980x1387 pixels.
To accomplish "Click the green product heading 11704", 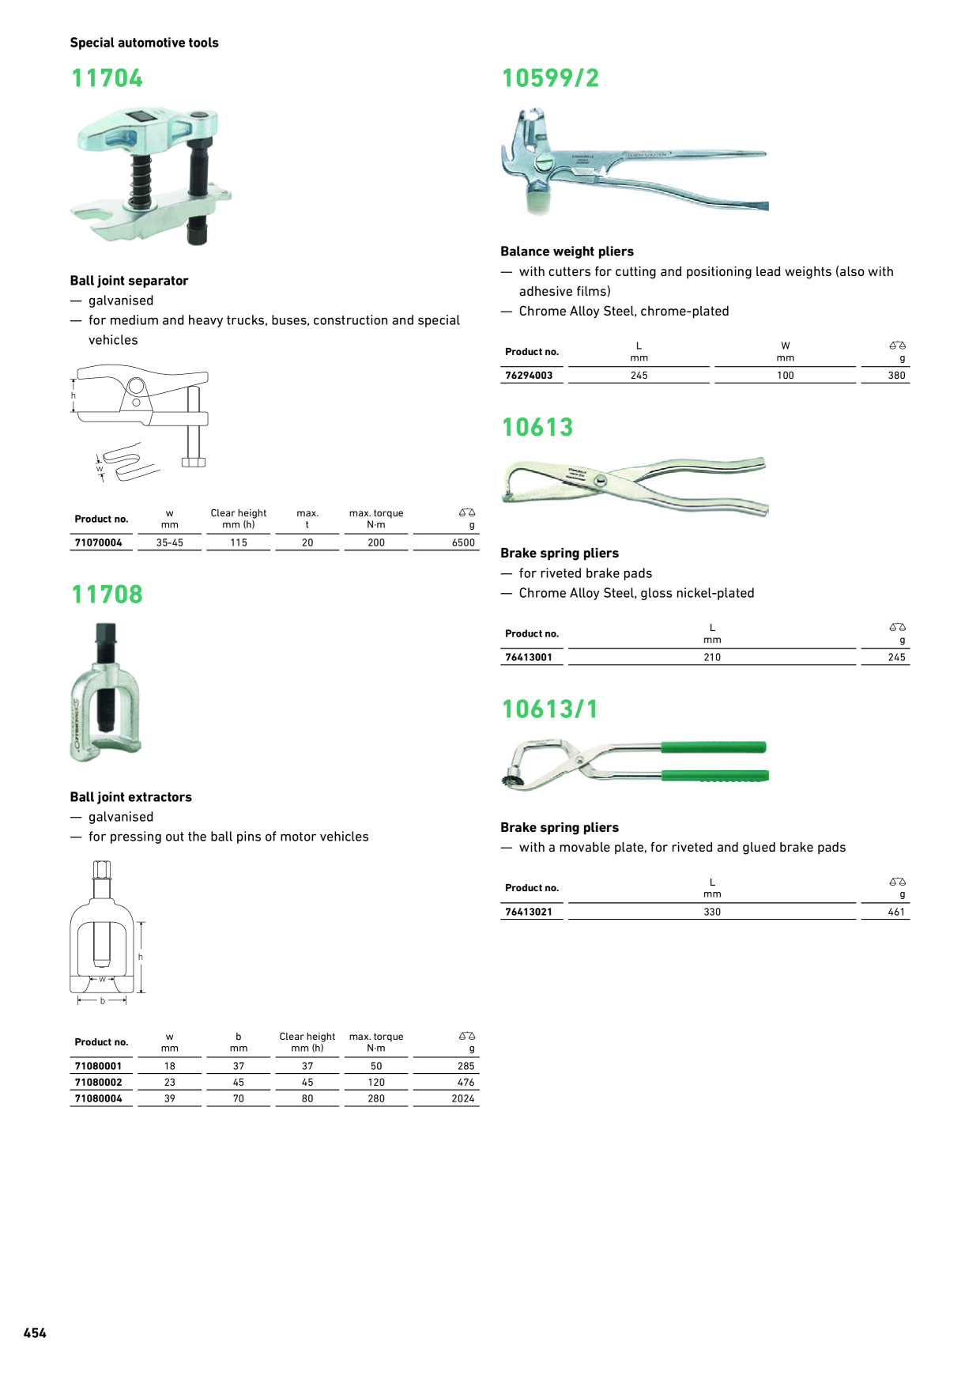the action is click(107, 78).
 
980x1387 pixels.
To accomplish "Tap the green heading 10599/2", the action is click(550, 78).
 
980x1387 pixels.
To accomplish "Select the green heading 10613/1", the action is click(549, 709).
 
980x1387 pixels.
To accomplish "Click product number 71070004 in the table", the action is click(99, 543).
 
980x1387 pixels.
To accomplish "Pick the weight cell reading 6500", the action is click(463, 543).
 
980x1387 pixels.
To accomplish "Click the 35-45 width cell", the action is click(170, 543).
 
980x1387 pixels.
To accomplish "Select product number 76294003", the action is click(529, 376).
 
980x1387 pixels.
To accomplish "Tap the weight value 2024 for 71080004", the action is click(463, 1098).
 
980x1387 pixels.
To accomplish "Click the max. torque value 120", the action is click(376, 1083).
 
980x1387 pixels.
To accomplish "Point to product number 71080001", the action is click(99, 1067).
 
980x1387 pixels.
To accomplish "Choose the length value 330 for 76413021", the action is click(712, 912).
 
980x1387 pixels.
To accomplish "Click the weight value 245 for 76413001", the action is click(896, 657).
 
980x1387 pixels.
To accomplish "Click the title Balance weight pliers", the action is click(567, 251).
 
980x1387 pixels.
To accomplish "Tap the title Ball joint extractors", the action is click(130, 797).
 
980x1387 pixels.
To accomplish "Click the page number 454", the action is click(35, 1333).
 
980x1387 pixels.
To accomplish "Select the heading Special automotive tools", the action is click(144, 43).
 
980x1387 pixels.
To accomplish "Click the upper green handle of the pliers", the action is click(713, 747).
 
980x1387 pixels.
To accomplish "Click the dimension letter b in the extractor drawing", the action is click(102, 1001).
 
